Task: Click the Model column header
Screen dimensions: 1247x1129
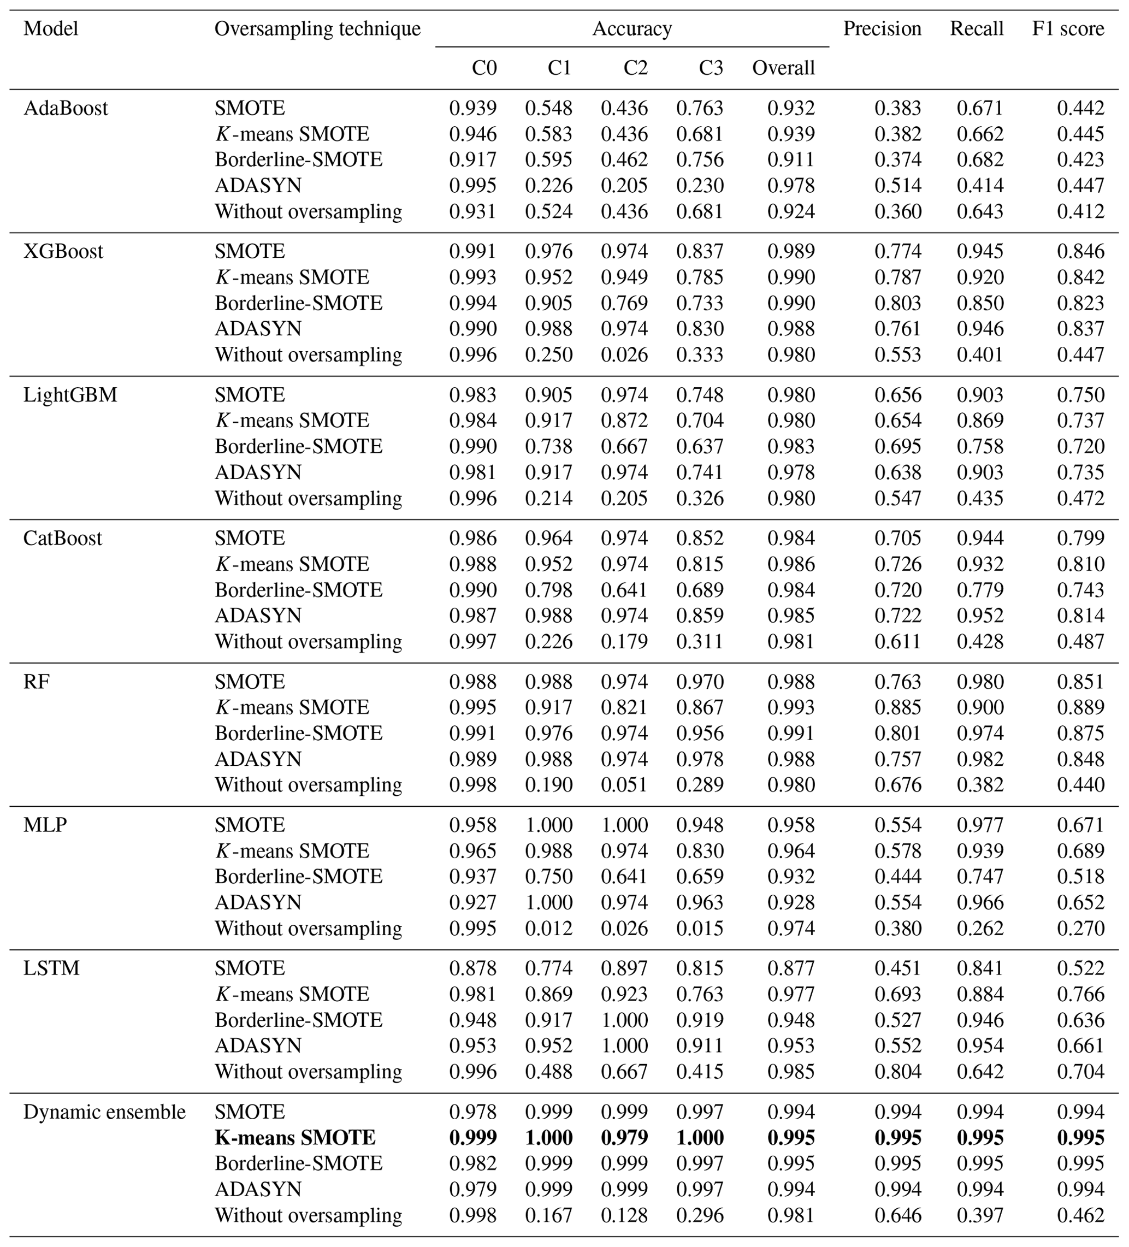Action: (51, 29)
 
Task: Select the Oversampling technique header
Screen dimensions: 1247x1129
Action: (317, 29)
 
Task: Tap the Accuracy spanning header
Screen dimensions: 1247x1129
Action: (631, 29)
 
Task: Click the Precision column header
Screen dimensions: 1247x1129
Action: (882, 29)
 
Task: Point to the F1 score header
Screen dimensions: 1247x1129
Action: (1068, 29)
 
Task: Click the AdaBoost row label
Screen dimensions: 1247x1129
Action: (66, 108)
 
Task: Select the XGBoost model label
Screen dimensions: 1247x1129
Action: (63, 252)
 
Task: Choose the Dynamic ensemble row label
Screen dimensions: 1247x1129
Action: (104, 1112)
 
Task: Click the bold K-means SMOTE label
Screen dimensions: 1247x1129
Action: (295, 1138)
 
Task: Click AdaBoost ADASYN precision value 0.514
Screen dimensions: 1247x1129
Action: (897, 186)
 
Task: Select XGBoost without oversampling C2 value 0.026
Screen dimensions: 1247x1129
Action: (624, 355)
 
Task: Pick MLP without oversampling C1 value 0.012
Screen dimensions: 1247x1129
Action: (549, 929)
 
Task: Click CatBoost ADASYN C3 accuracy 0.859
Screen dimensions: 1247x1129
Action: (700, 616)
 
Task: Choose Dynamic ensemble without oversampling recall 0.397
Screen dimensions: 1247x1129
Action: (980, 1215)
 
